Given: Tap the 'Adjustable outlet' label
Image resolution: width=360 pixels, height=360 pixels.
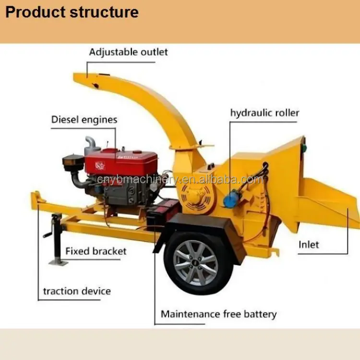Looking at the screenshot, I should (x=128, y=52).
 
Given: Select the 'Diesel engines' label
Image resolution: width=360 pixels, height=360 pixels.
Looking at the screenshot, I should (x=84, y=120).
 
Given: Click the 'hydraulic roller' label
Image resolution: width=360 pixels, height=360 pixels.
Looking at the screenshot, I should (x=264, y=113).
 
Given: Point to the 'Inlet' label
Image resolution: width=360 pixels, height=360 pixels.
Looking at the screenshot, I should (x=309, y=244).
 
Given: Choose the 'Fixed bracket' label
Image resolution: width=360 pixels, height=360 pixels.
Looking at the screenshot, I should (x=96, y=251).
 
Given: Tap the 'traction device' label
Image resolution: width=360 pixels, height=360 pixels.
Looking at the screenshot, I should (x=77, y=291).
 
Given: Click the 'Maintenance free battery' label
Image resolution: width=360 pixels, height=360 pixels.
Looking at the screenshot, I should (x=218, y=314).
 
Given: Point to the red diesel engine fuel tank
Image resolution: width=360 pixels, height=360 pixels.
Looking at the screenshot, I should (x=122, y=161).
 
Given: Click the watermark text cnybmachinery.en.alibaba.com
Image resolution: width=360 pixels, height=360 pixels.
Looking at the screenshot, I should (x=180, y=180).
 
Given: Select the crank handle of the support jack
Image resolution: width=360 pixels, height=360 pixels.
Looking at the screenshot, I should (x=48, y=234).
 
